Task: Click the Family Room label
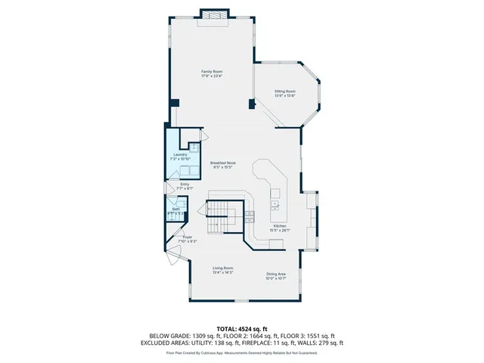tap(211, 71)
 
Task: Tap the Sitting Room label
tap(284, 91)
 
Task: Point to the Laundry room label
tap(179, 154)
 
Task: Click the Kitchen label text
tap(280, 225)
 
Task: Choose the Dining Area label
tap(275, 274)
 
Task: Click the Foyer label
tap(187, 237)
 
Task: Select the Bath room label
tap(175, 209)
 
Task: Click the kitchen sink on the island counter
tap(275, 204)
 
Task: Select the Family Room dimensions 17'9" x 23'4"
tap(211, 76)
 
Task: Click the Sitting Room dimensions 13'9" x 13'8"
tap(284, 95)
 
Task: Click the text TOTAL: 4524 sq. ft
tap(241, 328)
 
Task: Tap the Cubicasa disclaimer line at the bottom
tap(241, 352)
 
